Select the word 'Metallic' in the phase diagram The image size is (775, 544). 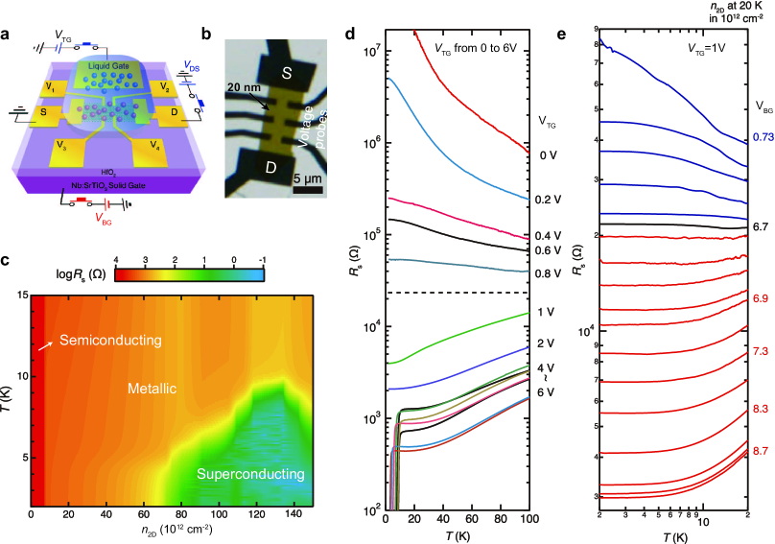point(154,389)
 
